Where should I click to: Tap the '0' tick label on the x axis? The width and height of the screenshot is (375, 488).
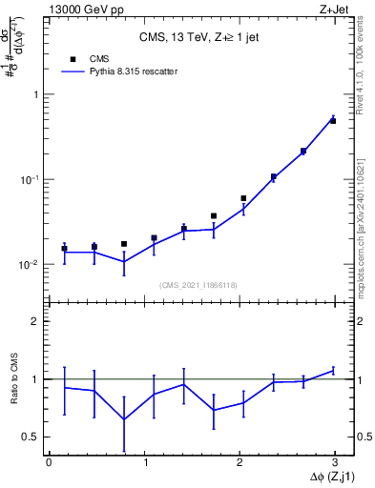click(x=49, y=462)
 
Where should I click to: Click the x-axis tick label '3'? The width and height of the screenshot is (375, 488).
click(x=336, y=462)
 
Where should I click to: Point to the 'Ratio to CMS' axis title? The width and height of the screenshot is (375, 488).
click(x=13, y=378)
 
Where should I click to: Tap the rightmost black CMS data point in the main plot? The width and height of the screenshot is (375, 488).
click(x=333, y=121)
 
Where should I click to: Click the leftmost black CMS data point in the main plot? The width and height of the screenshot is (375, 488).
click(x=64, y=249)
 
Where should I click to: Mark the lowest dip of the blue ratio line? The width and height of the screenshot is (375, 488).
click(x=124, y=419)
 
